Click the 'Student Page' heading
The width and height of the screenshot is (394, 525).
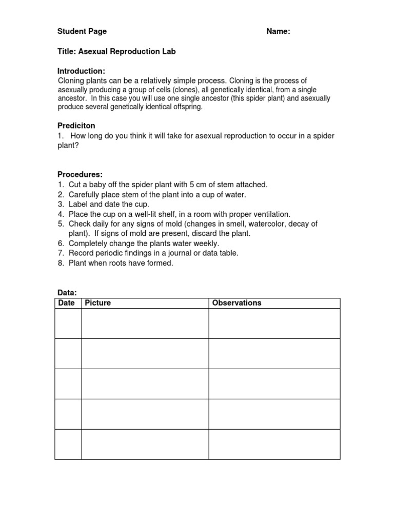[x=82, y=31]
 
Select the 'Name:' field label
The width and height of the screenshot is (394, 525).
[x=278, y=31]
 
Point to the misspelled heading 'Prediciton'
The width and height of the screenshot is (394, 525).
[x=76, y=126]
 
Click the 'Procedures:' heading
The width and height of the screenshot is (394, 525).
[x=80, y=174]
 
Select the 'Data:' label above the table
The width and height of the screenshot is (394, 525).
[x=67, y=293]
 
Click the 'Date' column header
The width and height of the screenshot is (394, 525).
[x=67, y=303]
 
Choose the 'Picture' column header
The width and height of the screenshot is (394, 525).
[x=98, y=303]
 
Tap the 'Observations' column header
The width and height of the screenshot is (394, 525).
[x=237, y=303]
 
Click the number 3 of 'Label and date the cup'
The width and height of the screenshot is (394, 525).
[x=60, y=204]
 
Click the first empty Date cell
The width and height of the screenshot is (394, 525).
[x=68, y=324]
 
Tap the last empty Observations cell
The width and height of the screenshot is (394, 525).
[x=274, y=444]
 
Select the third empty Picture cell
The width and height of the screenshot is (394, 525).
[x=145, y=384]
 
